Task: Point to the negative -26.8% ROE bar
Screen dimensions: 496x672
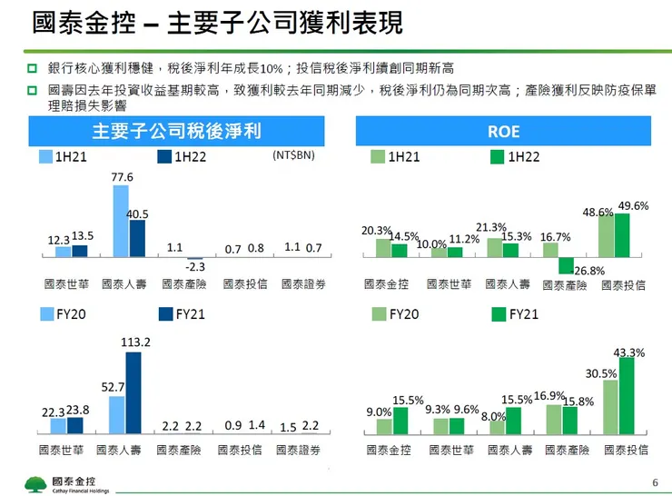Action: click(x=566, y=265)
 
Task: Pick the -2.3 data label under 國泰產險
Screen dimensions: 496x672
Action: click(x=194, y=267)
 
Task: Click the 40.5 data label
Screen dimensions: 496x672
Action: click(x=137, y=213)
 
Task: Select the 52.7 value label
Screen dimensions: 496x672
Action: click(x=113, y=387)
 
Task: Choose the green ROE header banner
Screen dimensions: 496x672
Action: click(x=503, y=131)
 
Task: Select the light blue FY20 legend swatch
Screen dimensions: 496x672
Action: click(x=45, y=314)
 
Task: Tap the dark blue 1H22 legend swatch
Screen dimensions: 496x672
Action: click(x=164, y=156)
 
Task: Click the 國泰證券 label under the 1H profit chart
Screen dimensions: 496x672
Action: click(x=303, y=284)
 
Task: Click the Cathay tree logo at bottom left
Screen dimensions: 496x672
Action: click(x=36, y=481)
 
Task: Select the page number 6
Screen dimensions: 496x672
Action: click(x=655, y=481)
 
